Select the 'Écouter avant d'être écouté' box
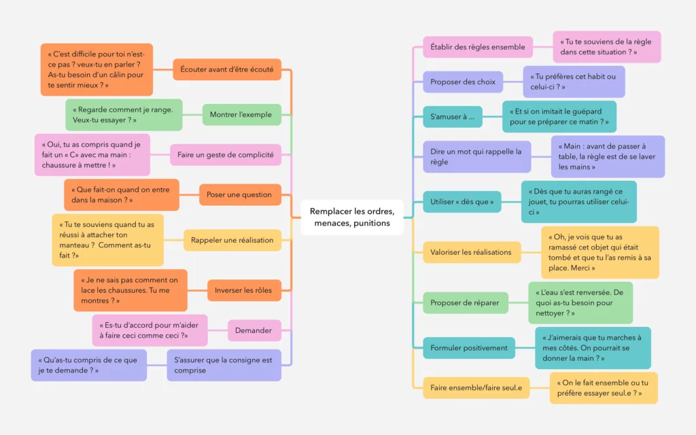click(227, 69)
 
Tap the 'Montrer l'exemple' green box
click(241, 115)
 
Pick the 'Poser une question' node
click(239, 195)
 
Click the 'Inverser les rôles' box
click(243, 290)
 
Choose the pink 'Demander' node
click(254, 330)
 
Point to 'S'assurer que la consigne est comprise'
click(224, 365)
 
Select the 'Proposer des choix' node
click(463, 82)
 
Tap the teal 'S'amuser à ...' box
click(453, 117)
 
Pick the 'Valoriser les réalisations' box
click(471, 252)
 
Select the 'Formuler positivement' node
click(469, 348)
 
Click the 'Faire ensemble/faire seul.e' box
click(476, 387)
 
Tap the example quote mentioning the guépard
click(559, 117)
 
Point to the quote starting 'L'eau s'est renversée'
click(580, 302)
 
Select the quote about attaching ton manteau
click(107, 240)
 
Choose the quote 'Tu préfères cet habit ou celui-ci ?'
click(573, 82)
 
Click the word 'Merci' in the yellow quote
click(583, 268)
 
